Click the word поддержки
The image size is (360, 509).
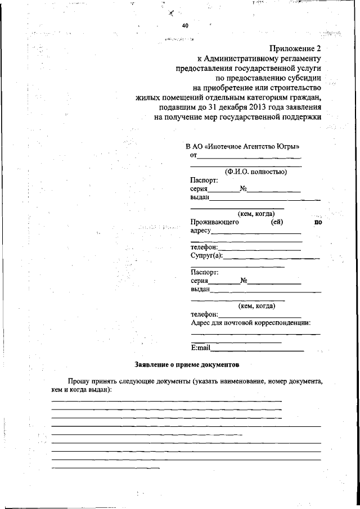pyautogui.click(x=300, y=117)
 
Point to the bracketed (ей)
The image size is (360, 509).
pyautogui.click(x=277, y=222)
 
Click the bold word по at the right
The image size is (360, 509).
pyautogui.click(x=318, y=222)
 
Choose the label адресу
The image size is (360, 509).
pyautogui.click(x=200, y=231)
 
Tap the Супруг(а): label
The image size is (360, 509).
pyautogui.click(x=207, y=256)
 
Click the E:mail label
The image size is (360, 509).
pyautogui.click(x=200, y=348)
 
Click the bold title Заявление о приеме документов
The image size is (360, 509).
pyautogui.click(x=186, y=364)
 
